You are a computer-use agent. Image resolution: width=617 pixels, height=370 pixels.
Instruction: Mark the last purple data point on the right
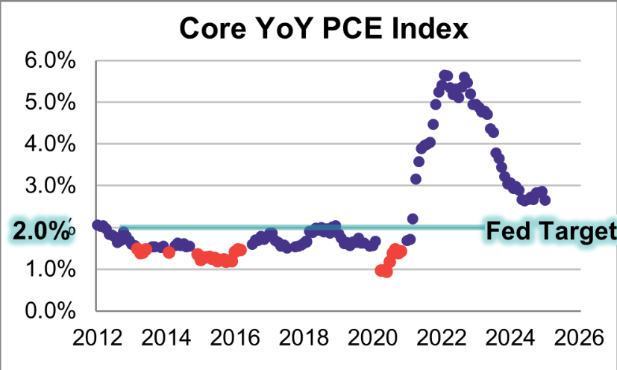pyautogui.click(x=545, y=200)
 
